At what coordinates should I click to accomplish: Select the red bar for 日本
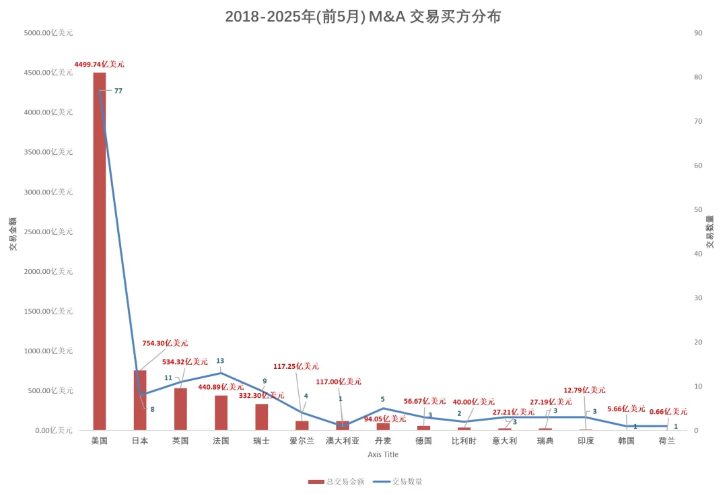(140, 400)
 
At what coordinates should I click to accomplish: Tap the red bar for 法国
(221, 413)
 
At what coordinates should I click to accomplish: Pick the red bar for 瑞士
(261, 417)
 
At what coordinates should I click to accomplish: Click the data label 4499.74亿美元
(99, 65)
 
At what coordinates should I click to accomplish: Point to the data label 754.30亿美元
(165, 343)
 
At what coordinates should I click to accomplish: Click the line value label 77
(118, 91)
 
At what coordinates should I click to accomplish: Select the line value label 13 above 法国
(220, 361)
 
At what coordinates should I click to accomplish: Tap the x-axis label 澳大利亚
(343, 441)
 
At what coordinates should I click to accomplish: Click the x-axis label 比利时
(464, 441)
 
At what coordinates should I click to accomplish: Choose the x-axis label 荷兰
(667, 441)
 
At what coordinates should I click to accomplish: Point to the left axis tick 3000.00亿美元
(48, 192)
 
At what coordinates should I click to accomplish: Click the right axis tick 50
(698, 209)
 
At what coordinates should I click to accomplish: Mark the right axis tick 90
(698, 33)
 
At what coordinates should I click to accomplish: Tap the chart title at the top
(363, 17)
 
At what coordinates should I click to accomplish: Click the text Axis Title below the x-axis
(383, 454)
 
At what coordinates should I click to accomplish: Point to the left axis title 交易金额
(13, 234)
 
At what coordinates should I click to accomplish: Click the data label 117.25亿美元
(296, 367)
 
